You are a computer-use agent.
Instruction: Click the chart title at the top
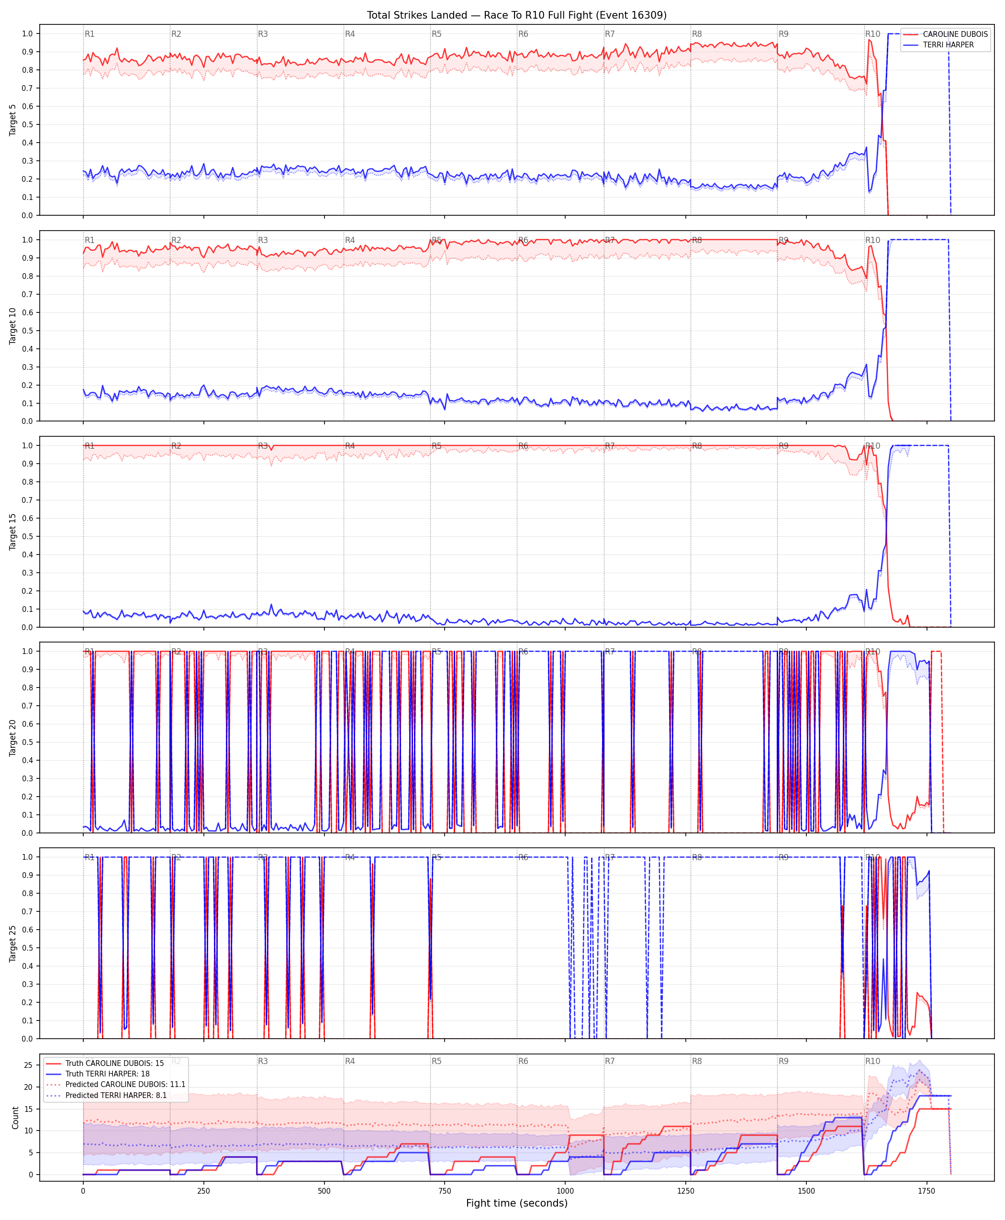click(x=516, y=15)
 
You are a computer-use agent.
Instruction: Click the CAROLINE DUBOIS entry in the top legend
click(x=955, y=34)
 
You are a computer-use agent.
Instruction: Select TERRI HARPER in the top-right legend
click(x=948, y=44)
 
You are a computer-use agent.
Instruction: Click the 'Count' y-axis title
click(x=15, y=1118)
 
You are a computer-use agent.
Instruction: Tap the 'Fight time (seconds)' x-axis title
click(x=516, y=1203)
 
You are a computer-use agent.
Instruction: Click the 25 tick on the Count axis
click(x=28, y=1065)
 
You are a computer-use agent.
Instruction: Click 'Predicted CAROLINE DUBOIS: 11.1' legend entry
click(x=125, y=1084)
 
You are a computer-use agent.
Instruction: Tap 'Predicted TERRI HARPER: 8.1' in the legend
click(x=116, y=1095)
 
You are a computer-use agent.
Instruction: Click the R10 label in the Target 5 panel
click(x=872, y=34)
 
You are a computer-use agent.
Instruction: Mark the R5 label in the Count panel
click(x=436, y=1061)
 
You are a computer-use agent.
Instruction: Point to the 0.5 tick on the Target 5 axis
click(x=28, y=124)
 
